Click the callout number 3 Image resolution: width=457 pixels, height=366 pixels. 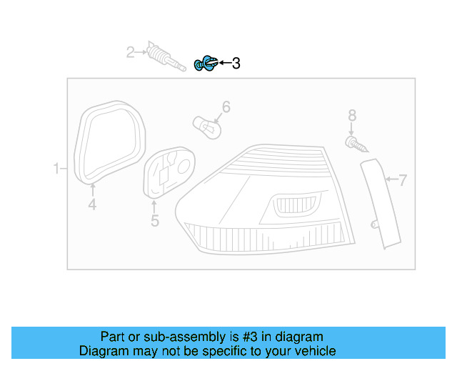click(x=236, y=64)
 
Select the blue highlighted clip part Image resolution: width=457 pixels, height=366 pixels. click(x=206, y=64)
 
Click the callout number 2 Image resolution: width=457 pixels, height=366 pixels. click(x=130, y=51)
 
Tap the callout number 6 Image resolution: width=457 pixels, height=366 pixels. click(x=226, y=107)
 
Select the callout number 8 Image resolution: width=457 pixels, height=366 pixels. click(x=351, y=114)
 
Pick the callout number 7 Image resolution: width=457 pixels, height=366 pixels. click(x=402, y=180)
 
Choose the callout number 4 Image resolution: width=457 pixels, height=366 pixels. click(x=92, y=206)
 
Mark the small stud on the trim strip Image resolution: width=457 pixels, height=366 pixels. click(x=374, y=225)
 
